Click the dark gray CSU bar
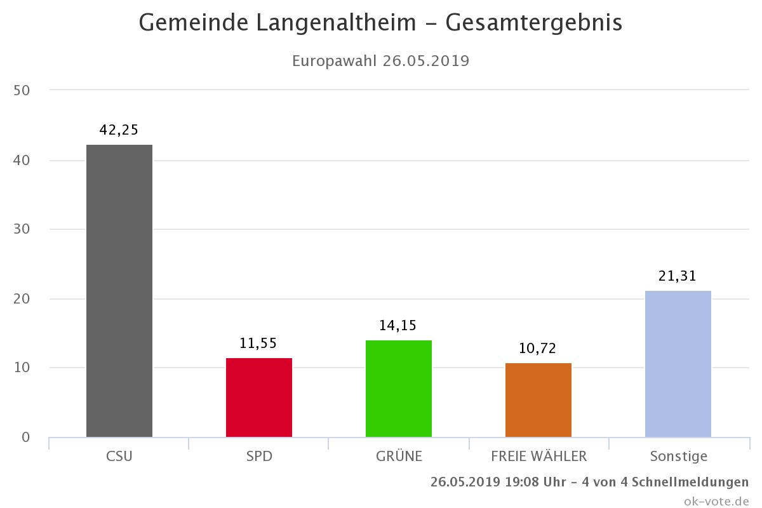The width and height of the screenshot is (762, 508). pyautogui.click(x=119, y=291)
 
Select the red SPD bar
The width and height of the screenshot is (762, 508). pyautogui.click(x=259, y=398)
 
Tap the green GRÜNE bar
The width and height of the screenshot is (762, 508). pyautogui.click(x=399, y=389)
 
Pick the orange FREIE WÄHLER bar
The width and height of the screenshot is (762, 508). pyautogui.click(x=538, y=400)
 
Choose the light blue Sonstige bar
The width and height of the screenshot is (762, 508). pyautogui.click(x=678, y=364)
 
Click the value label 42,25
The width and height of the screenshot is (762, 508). pyautogui.click(x=119, y=130)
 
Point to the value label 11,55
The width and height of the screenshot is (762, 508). pyautogui.click(x=258, y=343)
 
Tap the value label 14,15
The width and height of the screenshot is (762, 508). pyautogui.click(x=398, y=326)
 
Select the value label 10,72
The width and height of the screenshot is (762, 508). pyautogui.click(x=538, y=349)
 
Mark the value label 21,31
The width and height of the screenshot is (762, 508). pyautogui.click(x=678, y=276)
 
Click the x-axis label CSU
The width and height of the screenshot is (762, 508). pyautogui.click(x=119, y=456)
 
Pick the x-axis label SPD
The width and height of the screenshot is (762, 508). pyautogui.click(x=259, y=456)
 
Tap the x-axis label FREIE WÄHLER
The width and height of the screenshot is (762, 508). pyautogui.click(x=538, y=456)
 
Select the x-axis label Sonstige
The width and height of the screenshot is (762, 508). pyautogui.click(x=678, y=456)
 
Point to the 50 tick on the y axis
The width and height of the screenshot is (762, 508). pyautogui.click(x=22, y=90)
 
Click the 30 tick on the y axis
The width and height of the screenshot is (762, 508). pyautogui.click(x=22, y=229)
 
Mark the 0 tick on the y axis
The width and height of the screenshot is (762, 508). pyautogui.click(x=25, y=437)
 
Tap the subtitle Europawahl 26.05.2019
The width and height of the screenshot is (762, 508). pyautogui.click(x=380, y=61)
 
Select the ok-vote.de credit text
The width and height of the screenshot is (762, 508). pyautogui.click(x=717, y=500)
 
